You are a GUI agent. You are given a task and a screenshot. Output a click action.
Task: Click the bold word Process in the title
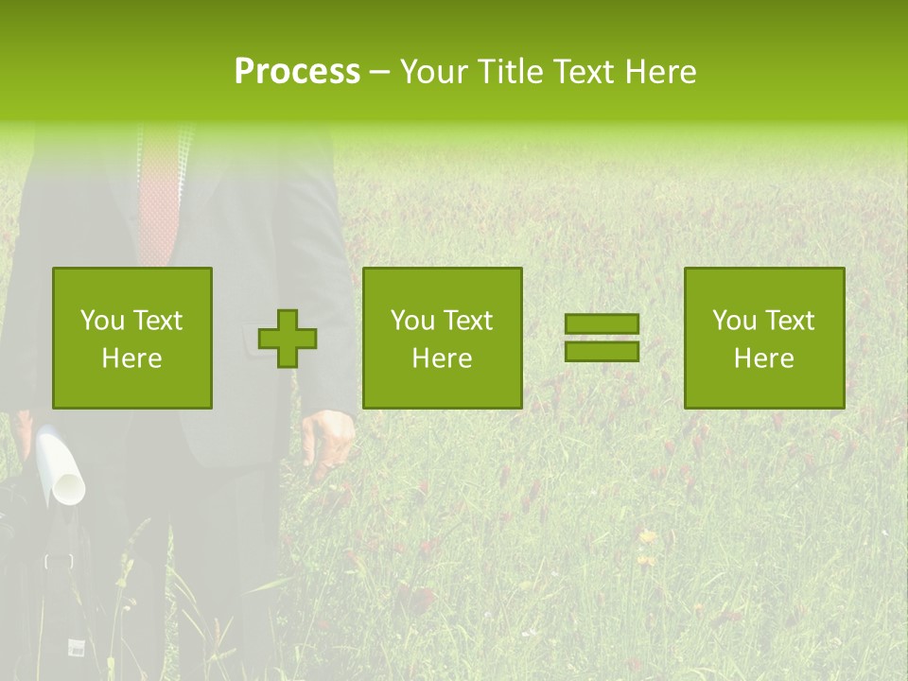pos(297,71)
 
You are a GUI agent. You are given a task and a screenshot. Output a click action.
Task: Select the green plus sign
pos(288,338)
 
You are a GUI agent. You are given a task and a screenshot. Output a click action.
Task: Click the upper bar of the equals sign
pos(602,324)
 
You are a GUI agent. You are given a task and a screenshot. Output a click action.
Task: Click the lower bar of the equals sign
pos(602,351)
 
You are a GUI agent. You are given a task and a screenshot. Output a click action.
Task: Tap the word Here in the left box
pos(131,358)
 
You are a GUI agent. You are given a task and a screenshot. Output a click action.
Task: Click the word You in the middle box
pos(412,321)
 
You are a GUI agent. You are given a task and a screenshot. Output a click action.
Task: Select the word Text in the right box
pos(792,321)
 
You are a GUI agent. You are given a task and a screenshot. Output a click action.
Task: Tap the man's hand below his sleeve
pos(328,438)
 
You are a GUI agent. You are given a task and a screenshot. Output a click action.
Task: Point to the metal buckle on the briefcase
pos(59,560)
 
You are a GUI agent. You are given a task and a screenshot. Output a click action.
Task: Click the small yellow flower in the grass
pos(647,536)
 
